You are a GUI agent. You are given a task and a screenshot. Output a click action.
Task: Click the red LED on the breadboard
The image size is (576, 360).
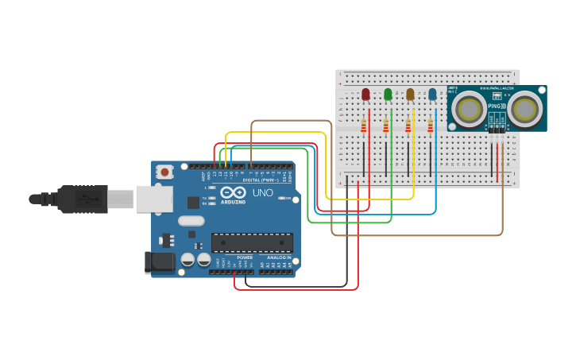pos(365,95)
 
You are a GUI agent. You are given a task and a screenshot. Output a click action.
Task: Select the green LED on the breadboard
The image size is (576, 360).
pos(388,95)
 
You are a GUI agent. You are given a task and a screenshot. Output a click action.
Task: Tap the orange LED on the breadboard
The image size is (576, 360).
pos(410,95)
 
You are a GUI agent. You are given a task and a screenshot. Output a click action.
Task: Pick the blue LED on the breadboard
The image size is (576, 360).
pos(432,95)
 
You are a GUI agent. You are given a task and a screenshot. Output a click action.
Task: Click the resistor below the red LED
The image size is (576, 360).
pos(364,126)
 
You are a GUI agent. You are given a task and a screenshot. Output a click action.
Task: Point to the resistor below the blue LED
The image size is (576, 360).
pos(431,126)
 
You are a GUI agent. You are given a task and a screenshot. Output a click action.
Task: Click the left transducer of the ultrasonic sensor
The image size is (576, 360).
pos(470,108)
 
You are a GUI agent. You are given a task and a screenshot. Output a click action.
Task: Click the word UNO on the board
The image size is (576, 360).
pos(262,193)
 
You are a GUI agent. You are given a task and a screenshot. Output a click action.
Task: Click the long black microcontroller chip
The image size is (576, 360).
pos(252,243)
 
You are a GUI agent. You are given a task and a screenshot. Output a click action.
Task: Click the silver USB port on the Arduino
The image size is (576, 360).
pos(155,199)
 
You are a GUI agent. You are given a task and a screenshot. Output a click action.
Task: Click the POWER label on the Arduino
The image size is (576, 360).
pos(245,257)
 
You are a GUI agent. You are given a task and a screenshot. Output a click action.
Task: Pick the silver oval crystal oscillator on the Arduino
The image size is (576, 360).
pos(191,221)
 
